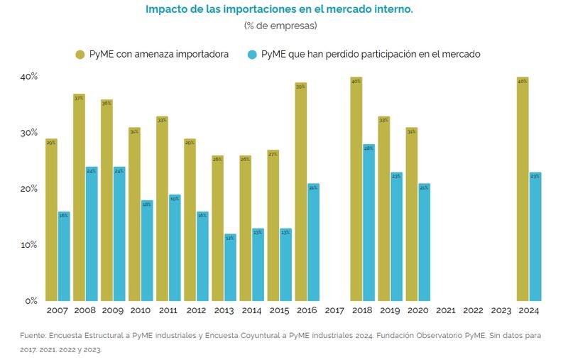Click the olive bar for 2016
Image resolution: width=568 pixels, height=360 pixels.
tap(301, 192)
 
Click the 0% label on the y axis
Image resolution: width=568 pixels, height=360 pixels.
tap(31, 300)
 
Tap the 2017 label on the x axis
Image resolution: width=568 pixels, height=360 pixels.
tap(334, 310)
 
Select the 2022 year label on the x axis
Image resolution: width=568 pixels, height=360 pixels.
tap(474, 310)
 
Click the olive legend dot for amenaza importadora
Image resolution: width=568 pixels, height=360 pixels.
tap(80, 54)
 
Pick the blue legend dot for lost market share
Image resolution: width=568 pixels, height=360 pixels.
tap(252, 54)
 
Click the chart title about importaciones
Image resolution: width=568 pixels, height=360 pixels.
tap(279, 10)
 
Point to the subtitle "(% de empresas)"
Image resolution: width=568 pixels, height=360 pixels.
tap(280, 26)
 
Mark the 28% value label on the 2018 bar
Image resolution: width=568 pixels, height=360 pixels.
tap(369, 148)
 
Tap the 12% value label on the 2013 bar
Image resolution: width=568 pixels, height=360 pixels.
tap(231, 238)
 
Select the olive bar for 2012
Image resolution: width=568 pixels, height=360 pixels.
tap(190, 219)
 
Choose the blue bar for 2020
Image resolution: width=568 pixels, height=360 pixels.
tap(425, 242)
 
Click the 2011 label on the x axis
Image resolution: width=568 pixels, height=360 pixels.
tap(168, 310)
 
